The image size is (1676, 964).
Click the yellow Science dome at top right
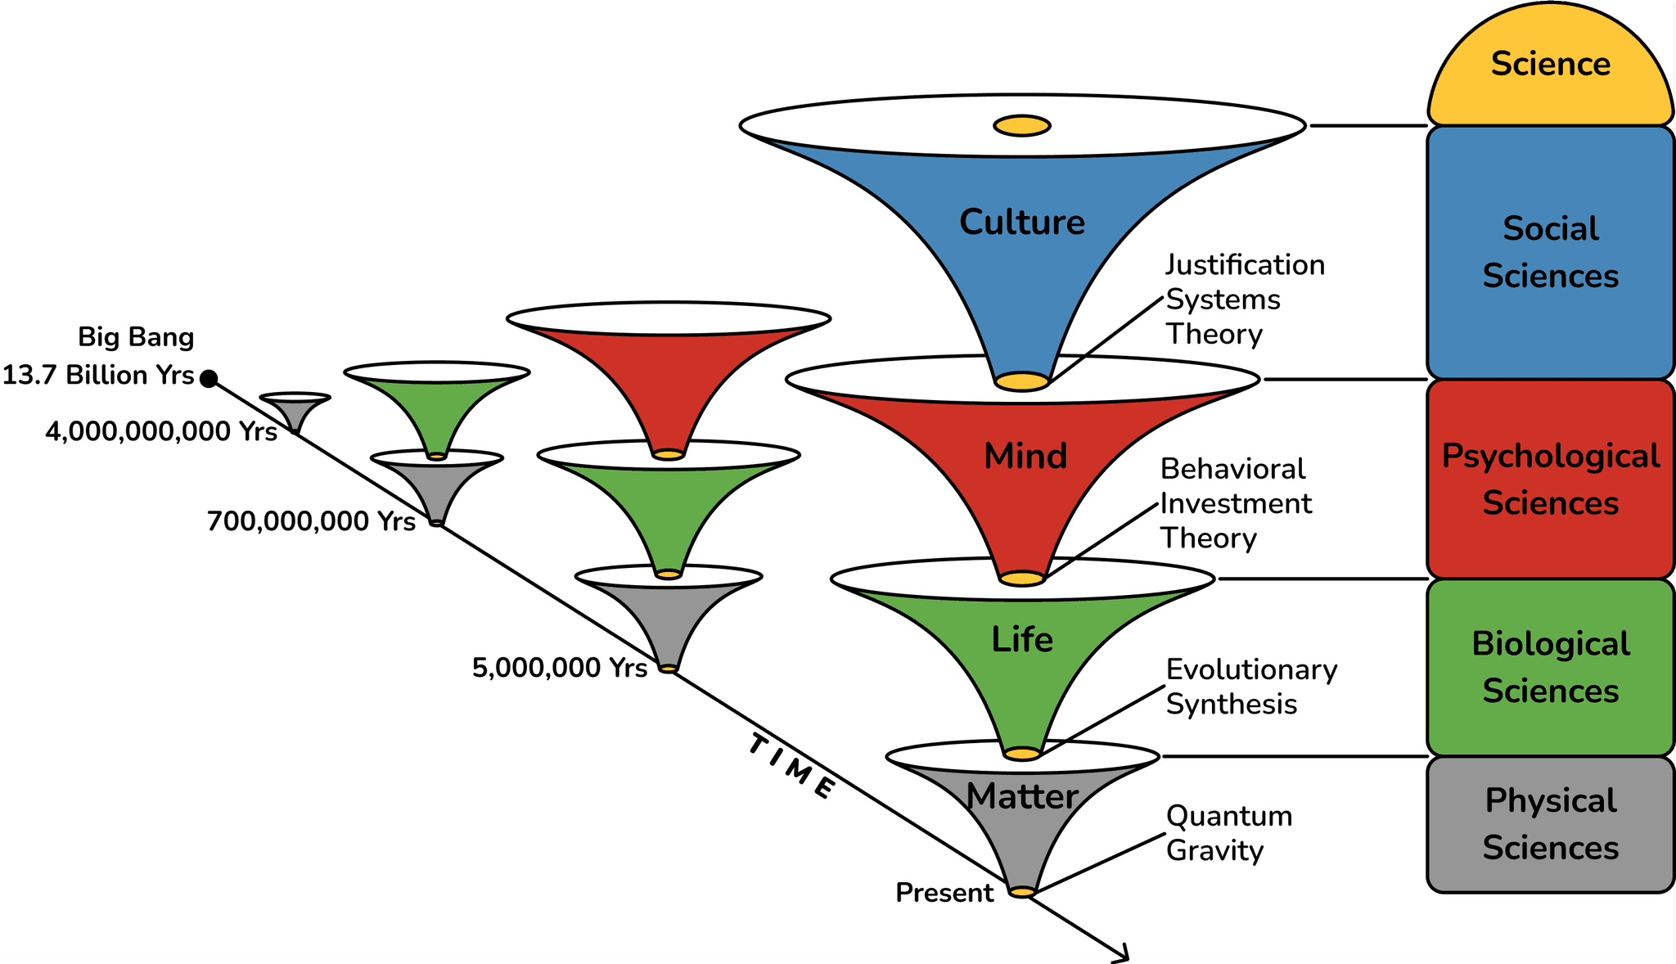click(x=1550, y=65)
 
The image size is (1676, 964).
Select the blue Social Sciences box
click(x=1550, y=252)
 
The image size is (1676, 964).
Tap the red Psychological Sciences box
click(x=1550, y=480)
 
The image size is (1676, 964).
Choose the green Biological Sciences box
click(x=1550, y=667)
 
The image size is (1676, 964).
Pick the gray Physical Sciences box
click(x=1550, y=824)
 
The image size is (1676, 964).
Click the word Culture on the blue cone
click(x=1021, y=223)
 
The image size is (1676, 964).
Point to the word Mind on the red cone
click(x=1025, y=457)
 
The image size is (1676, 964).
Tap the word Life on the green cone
click(x=1021, y=640)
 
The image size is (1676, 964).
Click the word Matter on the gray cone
click(x=1021, y=796)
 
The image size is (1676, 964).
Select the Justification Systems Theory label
click(x=1244, y=300)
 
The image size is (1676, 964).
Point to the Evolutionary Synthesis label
click(x=1250, y=687)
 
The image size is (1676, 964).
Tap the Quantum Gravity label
click(x=1228, y=833)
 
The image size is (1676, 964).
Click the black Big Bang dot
click(x=209, y=378)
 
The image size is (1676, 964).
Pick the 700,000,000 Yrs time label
click(x=311, y=521)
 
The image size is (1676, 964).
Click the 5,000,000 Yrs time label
click(x=560, y=668)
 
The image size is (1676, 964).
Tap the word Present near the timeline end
click(x=944, y=893)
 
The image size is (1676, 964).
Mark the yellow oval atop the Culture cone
click(x=1021, y=126)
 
